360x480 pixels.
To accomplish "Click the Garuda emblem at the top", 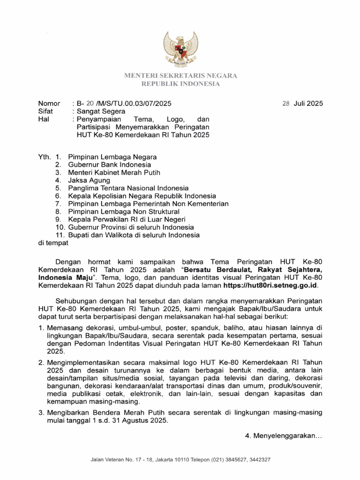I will click(x=180, y=49).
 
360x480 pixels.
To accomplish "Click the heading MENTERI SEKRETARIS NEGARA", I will click(x=180, y=75).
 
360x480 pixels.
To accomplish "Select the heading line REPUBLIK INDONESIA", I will click(x=180, y=84).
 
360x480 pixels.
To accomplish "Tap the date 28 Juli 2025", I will click(x=302, y=104).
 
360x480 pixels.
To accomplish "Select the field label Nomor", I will click(x=49, y=104).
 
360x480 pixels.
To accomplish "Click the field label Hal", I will click(x=43, y=120).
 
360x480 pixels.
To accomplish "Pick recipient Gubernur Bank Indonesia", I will click(x=109, y=165).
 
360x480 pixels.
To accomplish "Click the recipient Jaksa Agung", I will click(x=89, y=180).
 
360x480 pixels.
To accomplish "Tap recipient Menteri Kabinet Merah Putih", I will click(x=114, y=172).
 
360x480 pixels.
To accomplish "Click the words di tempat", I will click(x=52, y=243).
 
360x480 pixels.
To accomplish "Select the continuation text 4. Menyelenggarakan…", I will click(x=284, y=436).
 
